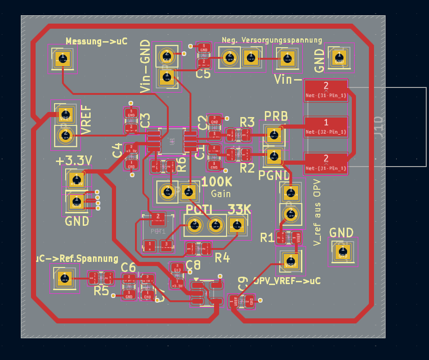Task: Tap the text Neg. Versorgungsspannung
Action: click(272, 40)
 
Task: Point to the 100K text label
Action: click(217, 181)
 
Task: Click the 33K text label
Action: click(239, 209)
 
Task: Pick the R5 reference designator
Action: click(101, 291)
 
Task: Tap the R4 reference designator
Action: click(222, 257)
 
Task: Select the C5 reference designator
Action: click(202, 74)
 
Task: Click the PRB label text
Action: click(276, 115)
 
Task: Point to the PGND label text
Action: click(274, 175)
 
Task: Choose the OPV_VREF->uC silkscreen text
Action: click(287, 281)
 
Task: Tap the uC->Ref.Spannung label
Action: click(77, 258)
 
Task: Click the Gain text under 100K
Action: click(221, 193)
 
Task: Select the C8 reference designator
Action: click(193, 265)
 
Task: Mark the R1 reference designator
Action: click(267, 238)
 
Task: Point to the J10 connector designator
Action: click(379, 127)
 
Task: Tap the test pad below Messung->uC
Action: click(62, 58)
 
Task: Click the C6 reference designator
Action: click(128, 267)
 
